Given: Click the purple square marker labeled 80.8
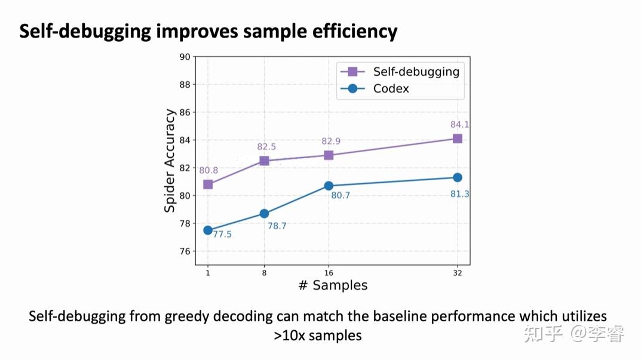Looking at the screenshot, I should (208, 184).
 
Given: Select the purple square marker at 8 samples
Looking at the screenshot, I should (264, 161).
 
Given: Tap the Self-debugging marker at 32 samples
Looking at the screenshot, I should (458, 139).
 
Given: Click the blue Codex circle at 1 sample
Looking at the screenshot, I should (208, 230).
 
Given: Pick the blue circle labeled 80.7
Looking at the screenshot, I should (329, 186).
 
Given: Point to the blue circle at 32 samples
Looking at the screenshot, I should (458, 177).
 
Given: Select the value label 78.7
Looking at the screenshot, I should (277, 226).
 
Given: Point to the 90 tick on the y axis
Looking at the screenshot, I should (185, 57).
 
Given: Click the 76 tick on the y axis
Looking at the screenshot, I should (185, 251).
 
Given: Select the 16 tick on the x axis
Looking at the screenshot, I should (329, 272).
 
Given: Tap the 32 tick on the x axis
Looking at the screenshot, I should (458, 272).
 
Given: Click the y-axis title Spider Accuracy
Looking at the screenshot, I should (170, 160).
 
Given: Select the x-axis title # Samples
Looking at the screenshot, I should (333, 285).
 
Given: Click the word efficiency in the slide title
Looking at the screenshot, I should (355, 31).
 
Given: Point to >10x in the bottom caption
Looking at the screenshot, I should (290, 336).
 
